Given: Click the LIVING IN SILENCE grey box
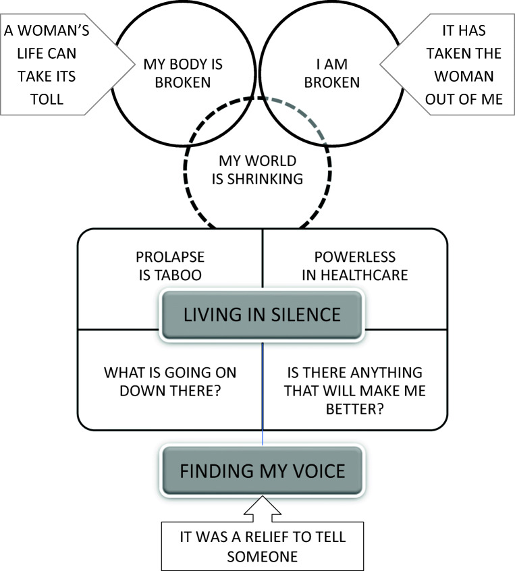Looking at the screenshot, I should tap(262, 315).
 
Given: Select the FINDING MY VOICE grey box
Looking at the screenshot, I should tap(262, 470).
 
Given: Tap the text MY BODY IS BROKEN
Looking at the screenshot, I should tap(173, 74).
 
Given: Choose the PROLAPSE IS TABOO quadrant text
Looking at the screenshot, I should tap(169, 266).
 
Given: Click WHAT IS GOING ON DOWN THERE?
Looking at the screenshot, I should tap(169, 381).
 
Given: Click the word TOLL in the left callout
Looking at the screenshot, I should tap(49, 99).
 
